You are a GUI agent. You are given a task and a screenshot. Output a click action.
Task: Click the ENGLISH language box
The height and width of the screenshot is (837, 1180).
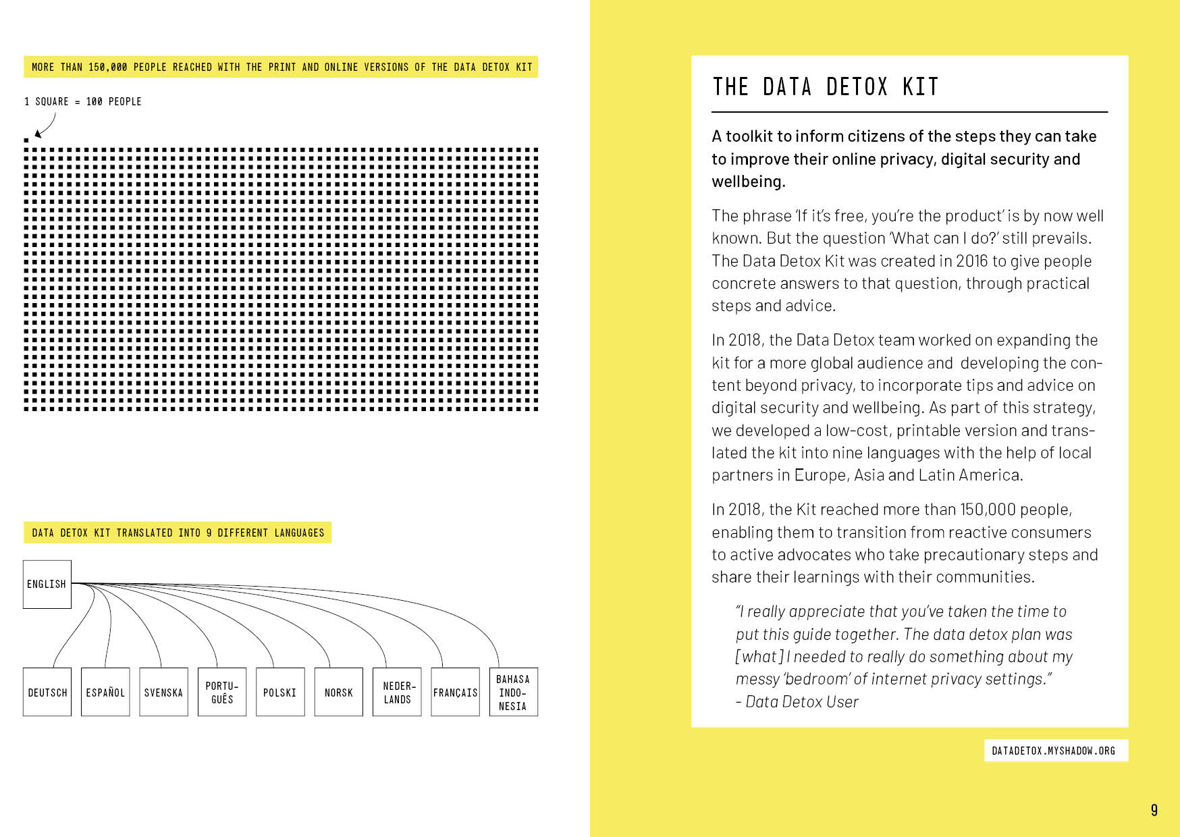tap(47, 584)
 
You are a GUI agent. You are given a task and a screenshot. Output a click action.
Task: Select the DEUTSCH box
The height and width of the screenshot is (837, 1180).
tap(47, 692)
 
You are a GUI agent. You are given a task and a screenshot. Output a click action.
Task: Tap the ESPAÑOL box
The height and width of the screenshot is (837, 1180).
tap(105, 692)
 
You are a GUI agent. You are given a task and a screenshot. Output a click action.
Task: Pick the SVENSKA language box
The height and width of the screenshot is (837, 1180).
tap(163, 692)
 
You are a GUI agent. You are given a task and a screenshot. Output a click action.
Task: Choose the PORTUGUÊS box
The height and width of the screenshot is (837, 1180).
tap(222, 692)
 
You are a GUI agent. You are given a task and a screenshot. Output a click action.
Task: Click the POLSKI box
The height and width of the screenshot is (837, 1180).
tap(280, 692)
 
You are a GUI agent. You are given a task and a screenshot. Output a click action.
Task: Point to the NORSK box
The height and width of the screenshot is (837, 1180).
tap(338, 692)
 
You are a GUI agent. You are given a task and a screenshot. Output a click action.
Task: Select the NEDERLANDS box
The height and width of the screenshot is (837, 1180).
tap(397, 692)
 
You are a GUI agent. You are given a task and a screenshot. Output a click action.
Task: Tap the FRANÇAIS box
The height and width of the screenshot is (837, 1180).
tap(455, 692)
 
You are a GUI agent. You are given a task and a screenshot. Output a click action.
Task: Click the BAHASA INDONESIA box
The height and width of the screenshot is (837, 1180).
tap(513, 692)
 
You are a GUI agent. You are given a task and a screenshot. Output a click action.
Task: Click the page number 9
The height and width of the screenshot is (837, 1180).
tap(1154, 810)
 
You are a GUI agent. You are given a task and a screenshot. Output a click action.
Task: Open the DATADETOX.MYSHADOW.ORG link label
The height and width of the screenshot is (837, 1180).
tap(1053, 751)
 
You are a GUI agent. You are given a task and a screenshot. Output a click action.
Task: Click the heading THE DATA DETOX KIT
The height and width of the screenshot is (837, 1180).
tap(825, 87)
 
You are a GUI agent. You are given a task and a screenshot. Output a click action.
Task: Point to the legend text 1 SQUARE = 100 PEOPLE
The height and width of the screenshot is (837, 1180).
tap(83, 102)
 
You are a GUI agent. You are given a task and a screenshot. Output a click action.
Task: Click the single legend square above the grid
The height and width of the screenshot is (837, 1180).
tap(26, 140)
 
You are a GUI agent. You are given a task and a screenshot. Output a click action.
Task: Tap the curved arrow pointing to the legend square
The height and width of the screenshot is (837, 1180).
tap(46, 126)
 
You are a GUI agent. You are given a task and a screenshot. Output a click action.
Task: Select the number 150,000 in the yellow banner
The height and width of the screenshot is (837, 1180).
tap(107, 67)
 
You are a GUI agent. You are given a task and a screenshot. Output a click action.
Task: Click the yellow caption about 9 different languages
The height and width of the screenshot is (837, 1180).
tap(178, 533)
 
